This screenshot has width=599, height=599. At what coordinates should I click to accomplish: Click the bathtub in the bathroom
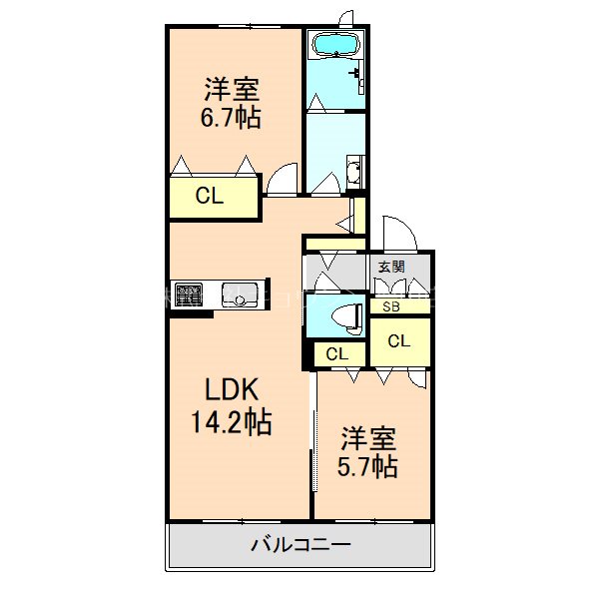tap(335, 45)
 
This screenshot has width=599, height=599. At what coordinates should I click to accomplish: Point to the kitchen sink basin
tap(242, 296)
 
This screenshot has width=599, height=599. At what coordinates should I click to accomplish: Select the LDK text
tap(232, 389)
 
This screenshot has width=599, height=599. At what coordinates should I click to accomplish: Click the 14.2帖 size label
tap(232, 422)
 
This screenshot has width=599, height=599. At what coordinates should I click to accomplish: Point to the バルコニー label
tap(299, 545)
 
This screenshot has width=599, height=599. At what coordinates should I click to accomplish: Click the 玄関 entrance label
tap(390, 266)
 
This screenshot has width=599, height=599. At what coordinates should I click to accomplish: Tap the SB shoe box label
tap(390, 306)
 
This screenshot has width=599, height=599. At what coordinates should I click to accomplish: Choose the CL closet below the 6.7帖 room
tap(210, 197)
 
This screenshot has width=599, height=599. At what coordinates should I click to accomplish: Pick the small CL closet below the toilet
tap(336, 353)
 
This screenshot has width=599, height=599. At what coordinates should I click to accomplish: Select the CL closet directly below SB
tap(399, 341)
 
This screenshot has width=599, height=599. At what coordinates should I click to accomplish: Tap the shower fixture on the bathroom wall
tap(354, 72)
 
